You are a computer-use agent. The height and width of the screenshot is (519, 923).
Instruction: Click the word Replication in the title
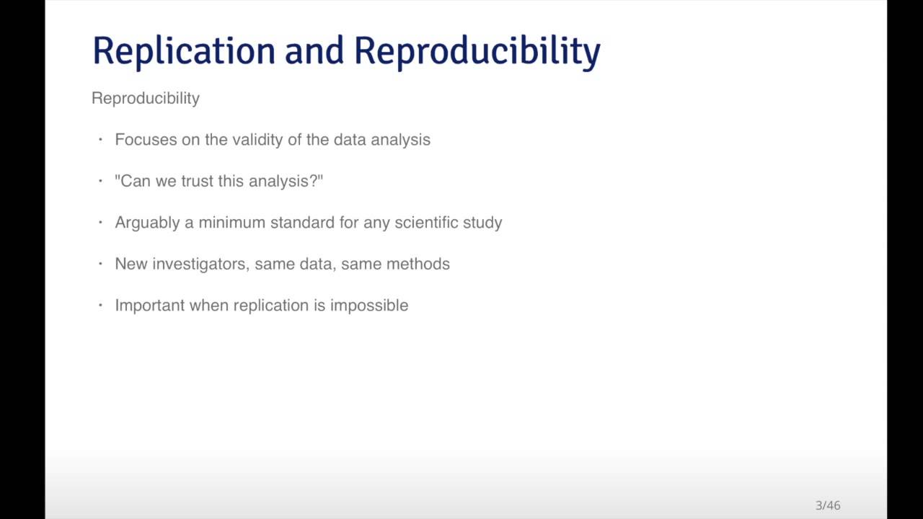(184, 52)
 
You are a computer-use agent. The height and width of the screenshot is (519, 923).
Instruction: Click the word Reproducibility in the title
(477, 52)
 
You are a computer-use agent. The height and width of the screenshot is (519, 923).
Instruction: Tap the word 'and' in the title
(314, 52)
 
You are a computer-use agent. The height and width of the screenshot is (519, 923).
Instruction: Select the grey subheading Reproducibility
(146, 98)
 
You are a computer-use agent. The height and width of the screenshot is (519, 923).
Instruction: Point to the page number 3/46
(828, 505)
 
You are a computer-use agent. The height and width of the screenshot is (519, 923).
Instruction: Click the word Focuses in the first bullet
(146, 140)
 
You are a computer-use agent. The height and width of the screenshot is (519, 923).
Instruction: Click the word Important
(150, 306)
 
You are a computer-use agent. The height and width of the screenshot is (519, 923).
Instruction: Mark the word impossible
(369, 306)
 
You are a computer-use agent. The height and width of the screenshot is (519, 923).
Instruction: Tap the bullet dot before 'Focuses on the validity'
(100, 140)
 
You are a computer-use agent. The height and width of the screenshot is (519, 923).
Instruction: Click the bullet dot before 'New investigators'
(100, 264)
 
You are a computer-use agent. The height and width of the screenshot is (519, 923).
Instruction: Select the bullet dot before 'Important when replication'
(100, 306)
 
